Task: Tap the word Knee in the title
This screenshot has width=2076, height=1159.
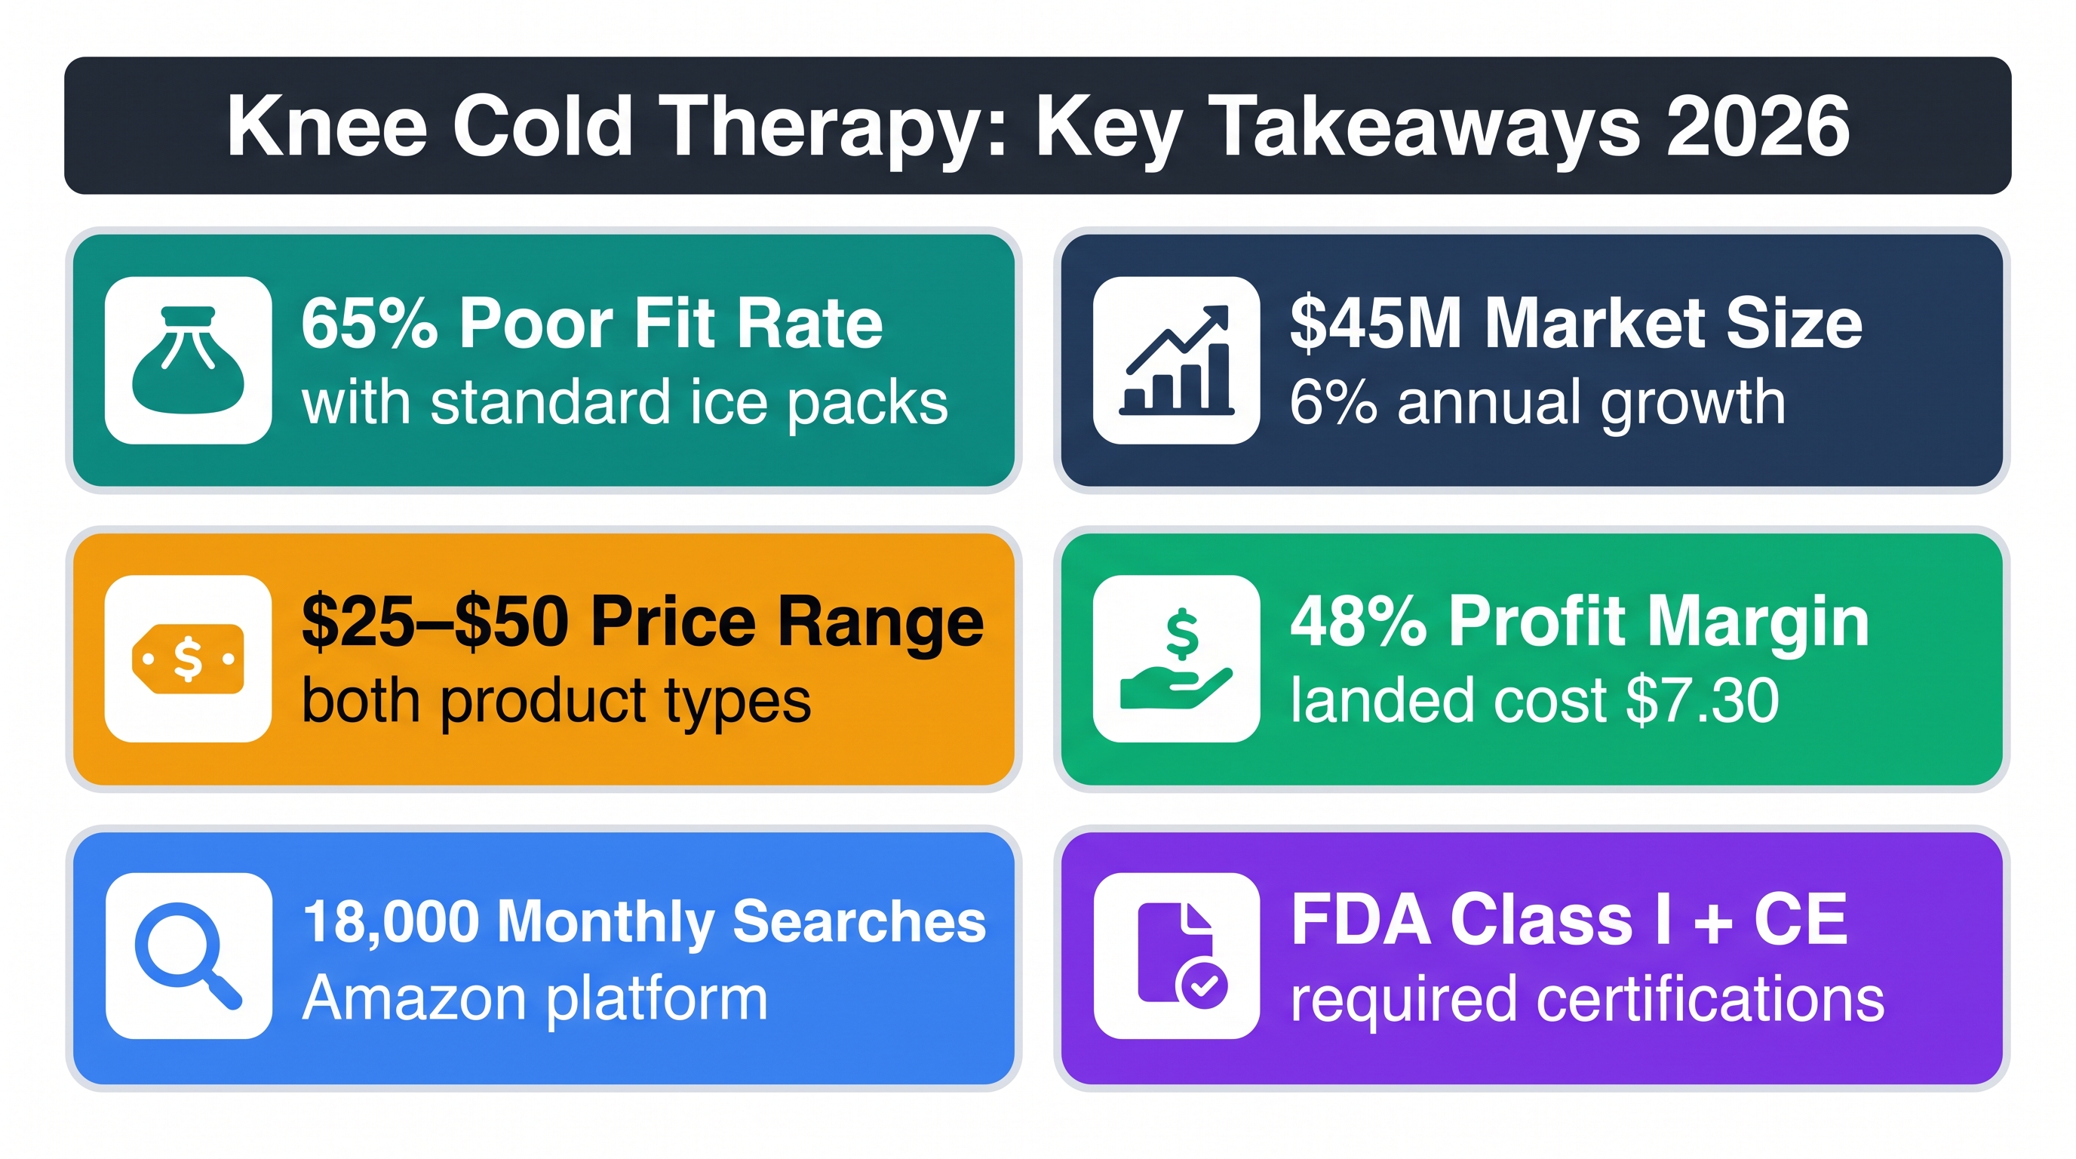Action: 327,126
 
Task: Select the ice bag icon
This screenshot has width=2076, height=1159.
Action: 189,359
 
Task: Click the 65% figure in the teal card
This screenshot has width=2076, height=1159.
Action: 369,323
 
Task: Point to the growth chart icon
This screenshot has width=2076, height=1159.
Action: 1177,360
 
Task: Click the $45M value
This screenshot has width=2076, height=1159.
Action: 1376,323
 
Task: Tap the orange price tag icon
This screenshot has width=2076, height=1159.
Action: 189,659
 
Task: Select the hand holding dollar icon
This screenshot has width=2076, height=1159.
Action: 1177,659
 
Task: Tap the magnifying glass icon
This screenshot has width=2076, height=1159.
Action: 189,956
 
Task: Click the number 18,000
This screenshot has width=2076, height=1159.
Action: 392,921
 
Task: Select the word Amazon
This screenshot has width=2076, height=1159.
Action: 415,998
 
